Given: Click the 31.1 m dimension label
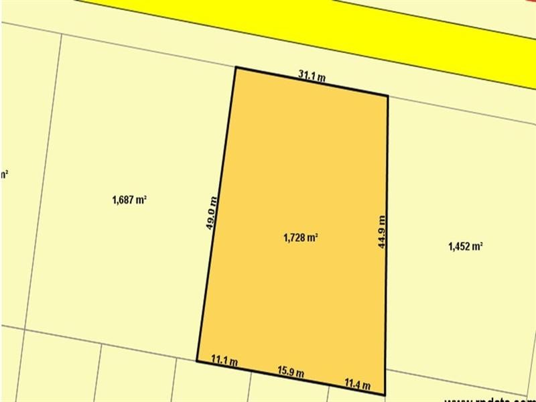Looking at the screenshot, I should click(312, 76).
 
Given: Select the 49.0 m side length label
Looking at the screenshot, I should click(211, 213).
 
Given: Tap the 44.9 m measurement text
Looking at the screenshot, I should click(382, 231).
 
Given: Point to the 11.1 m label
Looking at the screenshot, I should click(224, 362).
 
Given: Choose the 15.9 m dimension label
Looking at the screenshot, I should click(291, 372).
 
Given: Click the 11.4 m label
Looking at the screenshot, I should click(357, 383).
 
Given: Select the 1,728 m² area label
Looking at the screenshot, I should click(301, 237).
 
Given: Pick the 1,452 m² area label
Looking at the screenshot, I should click(466, 246).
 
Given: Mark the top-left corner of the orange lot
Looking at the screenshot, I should click(235, 67).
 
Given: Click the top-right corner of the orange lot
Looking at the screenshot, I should click(388, 96).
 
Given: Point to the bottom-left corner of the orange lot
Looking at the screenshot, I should click(197, 360).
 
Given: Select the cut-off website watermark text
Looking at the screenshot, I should click(489, 397).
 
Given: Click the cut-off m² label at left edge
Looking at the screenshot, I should click(4, 175).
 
